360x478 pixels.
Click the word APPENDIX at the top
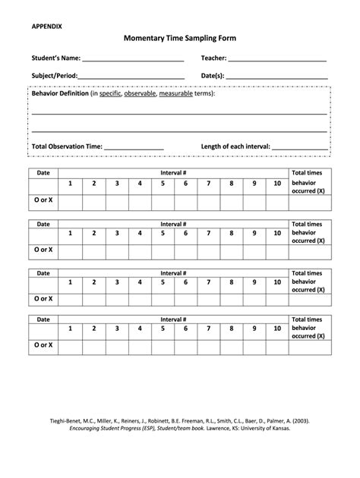[x=47, y=26]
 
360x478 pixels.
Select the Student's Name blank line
[x=134, y=58]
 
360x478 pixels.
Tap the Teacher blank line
[x=277, y=58]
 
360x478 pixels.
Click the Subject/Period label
[x=54, y=76]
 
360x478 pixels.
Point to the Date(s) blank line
[x=277, y=76]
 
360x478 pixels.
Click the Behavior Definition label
[x=59, y=93]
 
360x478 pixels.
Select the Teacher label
[x=213, y=58]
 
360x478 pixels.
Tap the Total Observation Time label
[x=67, y=146]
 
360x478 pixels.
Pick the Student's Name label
[x=55, y=58]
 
